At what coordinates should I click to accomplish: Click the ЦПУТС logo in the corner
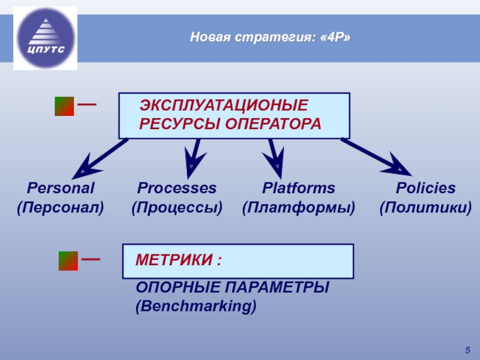[x=45, y=37]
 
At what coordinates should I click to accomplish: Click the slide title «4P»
[x=270, y=38]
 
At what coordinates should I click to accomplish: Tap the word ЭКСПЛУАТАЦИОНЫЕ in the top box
[x=223, y=106]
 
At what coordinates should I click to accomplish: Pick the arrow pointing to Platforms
[x=275, y=155]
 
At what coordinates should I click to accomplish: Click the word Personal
[x=59, y=188]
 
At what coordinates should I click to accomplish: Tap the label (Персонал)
[x=59, y=208]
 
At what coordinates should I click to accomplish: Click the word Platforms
[x=298, y=188]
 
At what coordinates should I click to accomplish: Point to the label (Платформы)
[x=298, y=208]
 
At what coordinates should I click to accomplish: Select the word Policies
[x=425, y=188]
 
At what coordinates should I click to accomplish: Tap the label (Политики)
[x=425, y=208]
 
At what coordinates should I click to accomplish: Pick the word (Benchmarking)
[x=196, y=305]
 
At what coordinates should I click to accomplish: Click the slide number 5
[x=467, y=350]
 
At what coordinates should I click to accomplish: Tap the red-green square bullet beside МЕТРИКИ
[x=68, y=261]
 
